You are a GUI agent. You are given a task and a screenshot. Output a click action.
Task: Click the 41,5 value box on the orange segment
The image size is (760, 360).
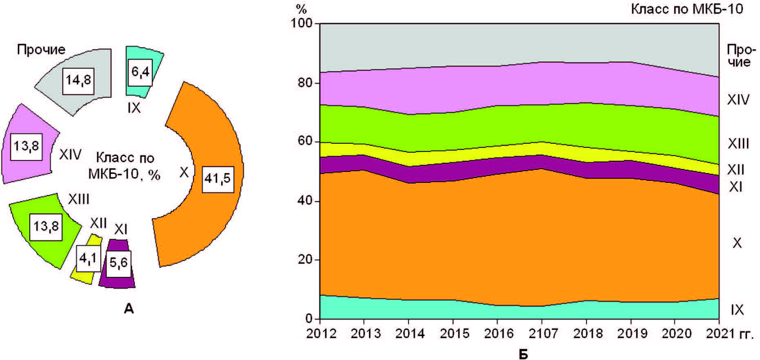tap(218, 178)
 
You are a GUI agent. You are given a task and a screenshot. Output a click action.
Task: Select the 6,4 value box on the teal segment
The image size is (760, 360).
tap(140, 72)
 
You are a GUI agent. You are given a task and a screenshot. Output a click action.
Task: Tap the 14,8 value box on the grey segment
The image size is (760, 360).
tap(78, 80)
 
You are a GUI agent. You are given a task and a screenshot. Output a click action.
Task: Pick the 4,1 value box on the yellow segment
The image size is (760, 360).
tap(89, 258)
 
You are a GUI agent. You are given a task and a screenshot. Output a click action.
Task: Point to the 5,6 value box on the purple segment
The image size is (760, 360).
tap(119, 262)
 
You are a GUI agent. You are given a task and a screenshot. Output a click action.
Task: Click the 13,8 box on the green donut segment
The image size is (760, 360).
tap(46, 226)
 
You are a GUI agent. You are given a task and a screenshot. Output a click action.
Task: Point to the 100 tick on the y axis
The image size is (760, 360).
tap(301, 23)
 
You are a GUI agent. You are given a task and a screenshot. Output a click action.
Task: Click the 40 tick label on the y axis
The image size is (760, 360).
tap(305, 201)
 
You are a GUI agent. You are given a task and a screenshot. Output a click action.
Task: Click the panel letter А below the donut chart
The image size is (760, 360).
tap(129, 309)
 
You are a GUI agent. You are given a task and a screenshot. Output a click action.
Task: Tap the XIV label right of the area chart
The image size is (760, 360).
tap(738, 100)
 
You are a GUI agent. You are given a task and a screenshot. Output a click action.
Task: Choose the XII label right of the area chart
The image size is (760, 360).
tap(736, 169)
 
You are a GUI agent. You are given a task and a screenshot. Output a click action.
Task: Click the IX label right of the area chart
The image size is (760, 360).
tap(737, 310)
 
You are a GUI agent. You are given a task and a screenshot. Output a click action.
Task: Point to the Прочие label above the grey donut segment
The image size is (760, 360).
tap(41, 49)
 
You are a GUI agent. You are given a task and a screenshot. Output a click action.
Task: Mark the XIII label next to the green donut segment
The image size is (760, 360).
tap(78, 199)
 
